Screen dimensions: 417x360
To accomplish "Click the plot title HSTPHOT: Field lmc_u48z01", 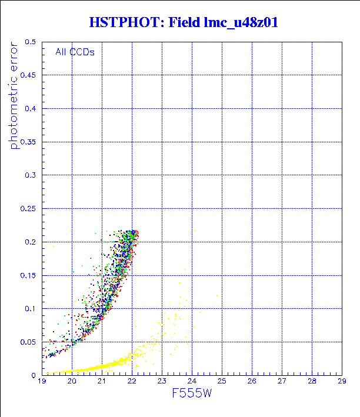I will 183,23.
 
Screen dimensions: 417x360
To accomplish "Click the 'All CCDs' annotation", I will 75,52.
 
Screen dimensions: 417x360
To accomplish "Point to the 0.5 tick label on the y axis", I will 31,42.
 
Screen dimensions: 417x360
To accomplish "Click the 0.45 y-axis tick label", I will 28,75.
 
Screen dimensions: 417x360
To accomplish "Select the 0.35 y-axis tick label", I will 28,142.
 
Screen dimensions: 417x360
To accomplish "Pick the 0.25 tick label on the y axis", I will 28,208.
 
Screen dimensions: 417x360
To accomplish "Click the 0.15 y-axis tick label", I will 28,275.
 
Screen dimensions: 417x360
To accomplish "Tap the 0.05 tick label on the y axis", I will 28,342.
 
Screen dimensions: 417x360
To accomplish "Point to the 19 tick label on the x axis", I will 42,382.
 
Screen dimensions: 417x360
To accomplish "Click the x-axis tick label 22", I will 132,382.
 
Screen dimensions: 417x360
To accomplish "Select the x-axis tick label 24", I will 192,382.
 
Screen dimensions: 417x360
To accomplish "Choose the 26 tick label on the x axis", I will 252,382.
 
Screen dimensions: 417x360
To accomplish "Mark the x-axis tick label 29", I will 342,382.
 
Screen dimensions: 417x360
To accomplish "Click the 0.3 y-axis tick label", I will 31,175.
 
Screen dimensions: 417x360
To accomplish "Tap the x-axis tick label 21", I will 102,382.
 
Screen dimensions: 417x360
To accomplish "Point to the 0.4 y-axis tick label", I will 31,109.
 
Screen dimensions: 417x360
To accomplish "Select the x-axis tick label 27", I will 282,382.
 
